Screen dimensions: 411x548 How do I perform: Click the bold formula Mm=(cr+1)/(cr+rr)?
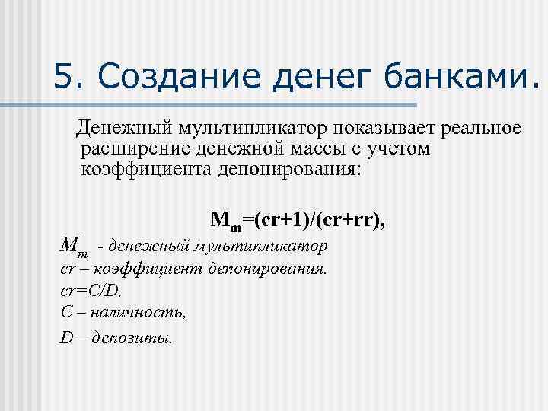click(298, 221)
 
